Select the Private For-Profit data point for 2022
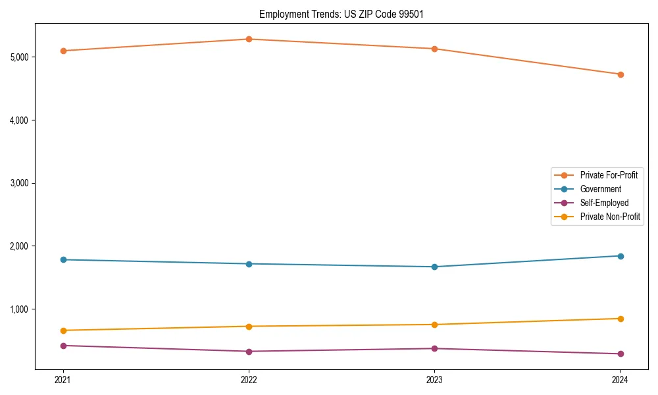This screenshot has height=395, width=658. pyautogui.click(x=249, y=39)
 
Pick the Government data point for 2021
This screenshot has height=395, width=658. pyautogui.click(x=63, y=259)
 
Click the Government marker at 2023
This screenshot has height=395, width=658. pyautogui.click(x=434, y=267)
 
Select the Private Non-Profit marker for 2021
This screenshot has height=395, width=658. pyautogui.click(x=63, y=330)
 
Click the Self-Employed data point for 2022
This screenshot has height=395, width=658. pyautogui.click(x=249, y=352)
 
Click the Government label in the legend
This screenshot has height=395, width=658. pyautogui.click(x=600, y=189)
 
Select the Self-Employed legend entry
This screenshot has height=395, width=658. pyautogui.click(x=604, y=203)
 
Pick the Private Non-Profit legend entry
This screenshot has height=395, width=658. pyautogui.click(x=610, y=217)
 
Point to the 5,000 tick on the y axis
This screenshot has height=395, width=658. pyautogui.click(x=20, y=57)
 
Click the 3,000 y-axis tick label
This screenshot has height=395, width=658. pyautogui.click(x=20, y=183)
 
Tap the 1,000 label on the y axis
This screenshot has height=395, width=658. pyautogui.click(x=20, y=309)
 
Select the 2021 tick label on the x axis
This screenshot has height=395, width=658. pyautogui.click(x=63, y=379)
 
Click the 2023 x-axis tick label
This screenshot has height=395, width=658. pyautogui.click(x=434, y=379)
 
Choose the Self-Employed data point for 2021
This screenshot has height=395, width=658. pyautogui.click(x=63, y=346)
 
